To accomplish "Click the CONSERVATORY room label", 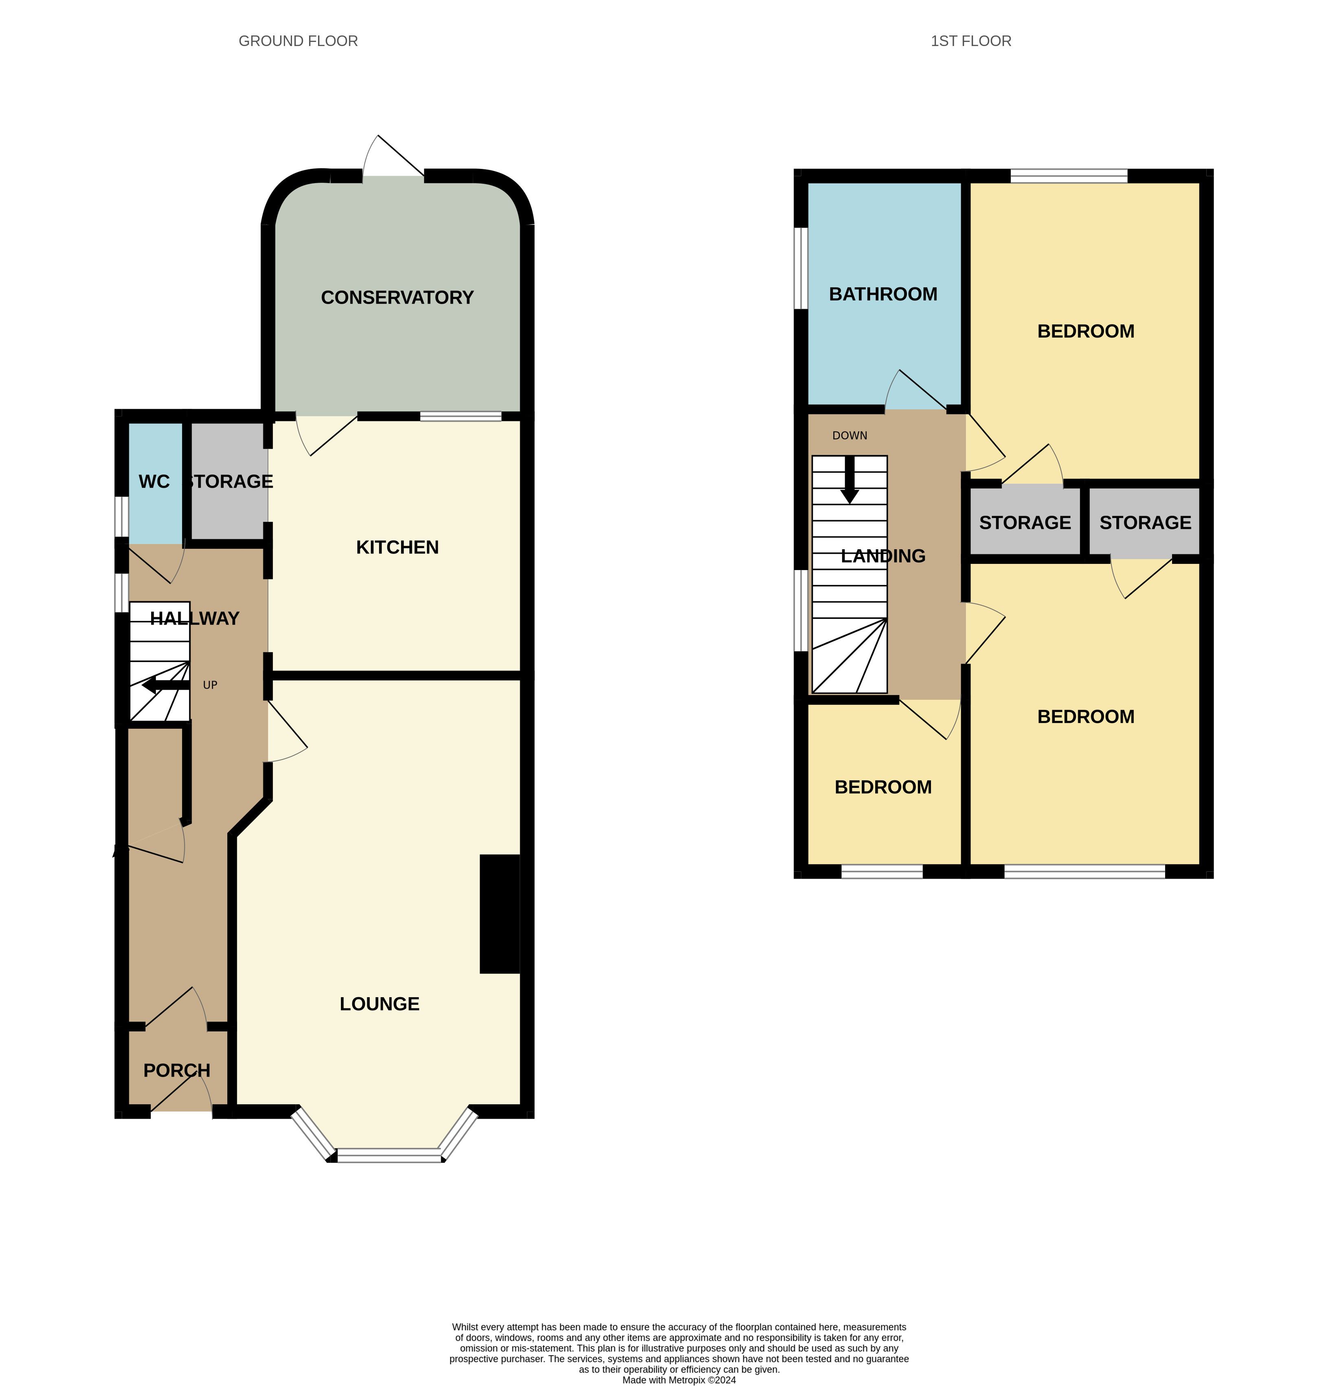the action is point(397,298).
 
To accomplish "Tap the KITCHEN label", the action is point(397,547).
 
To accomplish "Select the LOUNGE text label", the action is point(380,1004).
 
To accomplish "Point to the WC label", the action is point(154,482).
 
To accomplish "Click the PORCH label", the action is point(177,1070).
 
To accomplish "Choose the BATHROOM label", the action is point(883,294).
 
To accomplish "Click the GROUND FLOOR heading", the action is point(299,41).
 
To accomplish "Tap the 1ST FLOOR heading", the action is point(971,41).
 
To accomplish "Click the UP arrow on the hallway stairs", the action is point(165,685).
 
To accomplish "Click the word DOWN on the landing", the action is point(849,436).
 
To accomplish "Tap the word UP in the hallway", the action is point(210,685).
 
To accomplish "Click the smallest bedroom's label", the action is point(883,787).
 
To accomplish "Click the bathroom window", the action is point(801,268).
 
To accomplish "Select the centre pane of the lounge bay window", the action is point(389,1158).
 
